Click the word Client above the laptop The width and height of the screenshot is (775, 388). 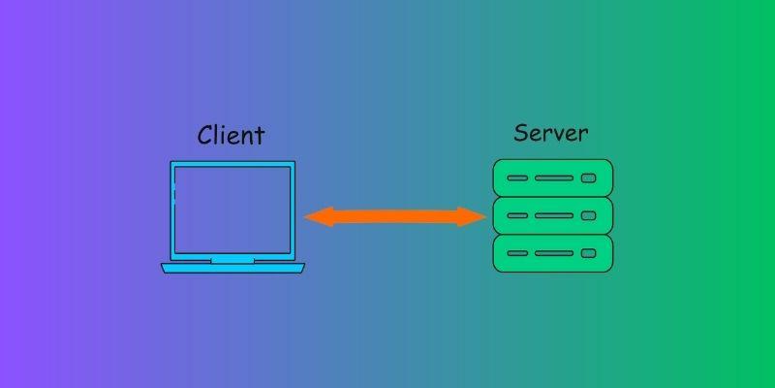pos(231,135)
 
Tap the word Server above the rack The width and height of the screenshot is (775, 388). pos(550,132)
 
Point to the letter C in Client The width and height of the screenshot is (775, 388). pos(205,134)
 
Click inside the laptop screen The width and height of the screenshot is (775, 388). pos(232,209)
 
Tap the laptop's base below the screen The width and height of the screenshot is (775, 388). pos(232,268)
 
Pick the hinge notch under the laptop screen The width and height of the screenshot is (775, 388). pos(232,260)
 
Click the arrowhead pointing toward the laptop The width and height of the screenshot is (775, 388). pos(317,217)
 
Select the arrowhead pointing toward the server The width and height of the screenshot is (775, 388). pos(475,217)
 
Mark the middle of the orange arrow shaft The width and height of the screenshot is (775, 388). pos(395,217)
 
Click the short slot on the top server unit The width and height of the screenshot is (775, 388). pos(517,178)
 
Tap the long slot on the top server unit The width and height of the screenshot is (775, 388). pos(554,178)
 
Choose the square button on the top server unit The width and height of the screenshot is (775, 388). pos(588,178)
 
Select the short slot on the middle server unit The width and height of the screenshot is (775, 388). pos(517,215)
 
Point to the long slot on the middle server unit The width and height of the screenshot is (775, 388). pos(554,215)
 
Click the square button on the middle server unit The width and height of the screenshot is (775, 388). pos(588,215)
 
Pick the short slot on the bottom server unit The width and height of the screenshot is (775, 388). pos(517,253)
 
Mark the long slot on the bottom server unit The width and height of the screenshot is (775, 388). pos(554,253)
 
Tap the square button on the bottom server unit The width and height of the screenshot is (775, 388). pos(588,253)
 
